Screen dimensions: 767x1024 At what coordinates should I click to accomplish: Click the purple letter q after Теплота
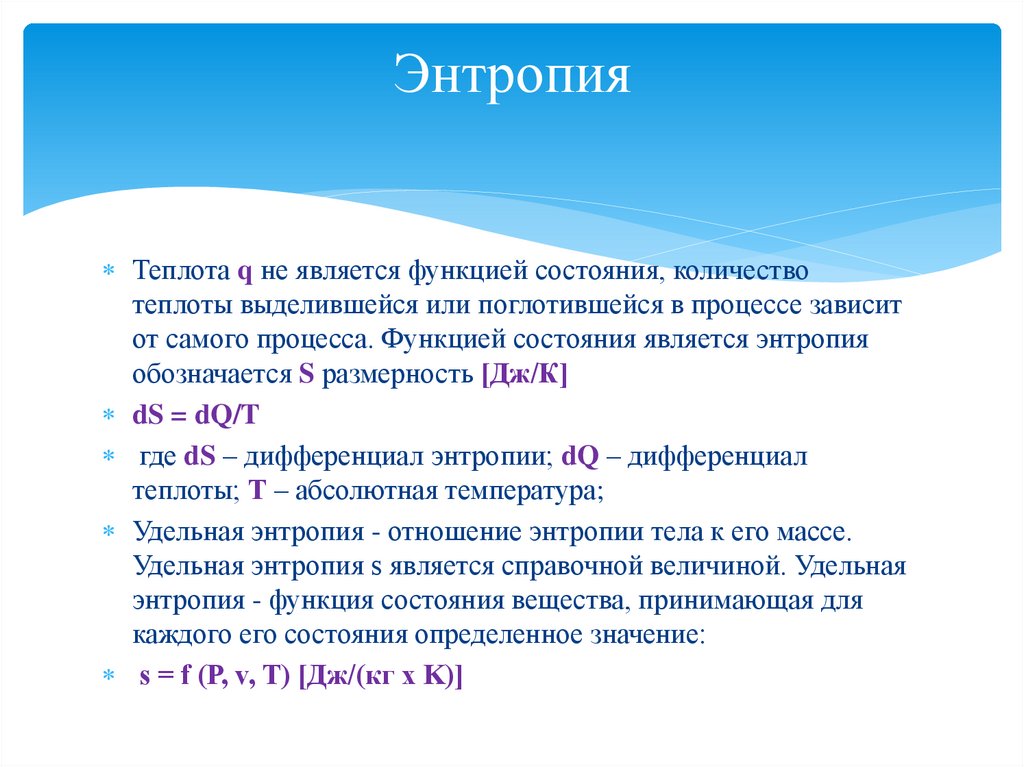244,272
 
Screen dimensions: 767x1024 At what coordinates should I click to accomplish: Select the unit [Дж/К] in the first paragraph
525,376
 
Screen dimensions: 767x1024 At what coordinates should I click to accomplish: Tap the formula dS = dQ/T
196,414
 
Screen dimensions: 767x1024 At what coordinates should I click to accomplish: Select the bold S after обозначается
307,376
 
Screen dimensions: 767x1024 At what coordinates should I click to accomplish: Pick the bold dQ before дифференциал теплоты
580,457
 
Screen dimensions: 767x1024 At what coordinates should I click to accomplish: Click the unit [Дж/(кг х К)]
381,676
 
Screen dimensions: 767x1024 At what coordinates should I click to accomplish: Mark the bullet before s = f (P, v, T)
109,677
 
